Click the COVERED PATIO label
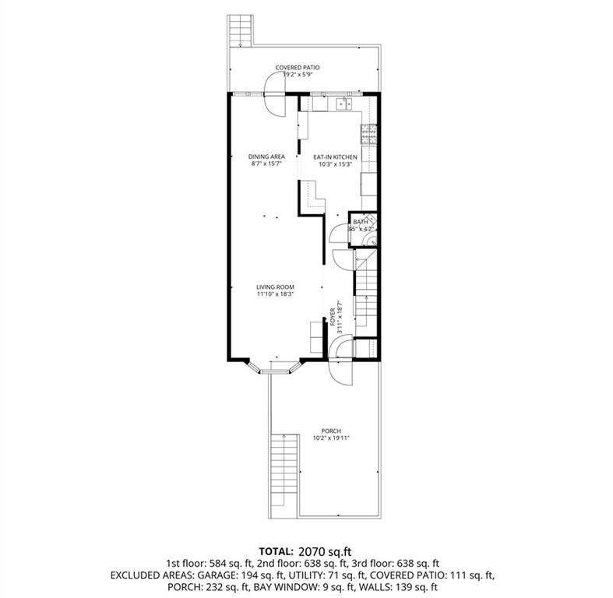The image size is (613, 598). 298,68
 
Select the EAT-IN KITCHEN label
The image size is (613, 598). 335,157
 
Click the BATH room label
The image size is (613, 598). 361,222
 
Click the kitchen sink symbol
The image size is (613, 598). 343,103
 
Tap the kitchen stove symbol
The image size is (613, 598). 368,135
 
